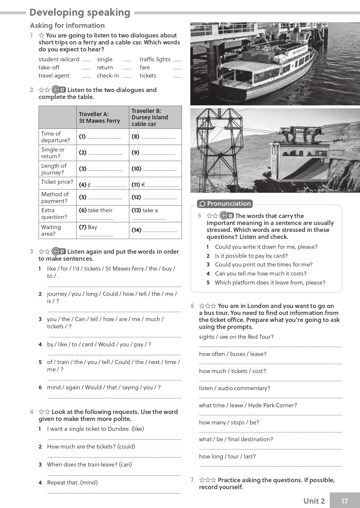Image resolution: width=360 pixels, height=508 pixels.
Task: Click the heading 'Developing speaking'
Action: click(x=80, y=12)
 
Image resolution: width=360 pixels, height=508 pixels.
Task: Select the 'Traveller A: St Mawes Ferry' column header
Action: click(x=99, y=117)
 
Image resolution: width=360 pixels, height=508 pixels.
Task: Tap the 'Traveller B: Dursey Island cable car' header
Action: click(x=150, y=117)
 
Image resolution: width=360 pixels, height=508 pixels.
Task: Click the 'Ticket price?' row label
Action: click(x=57, y=182)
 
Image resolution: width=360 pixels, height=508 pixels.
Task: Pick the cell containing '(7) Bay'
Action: click(x=103, y=230)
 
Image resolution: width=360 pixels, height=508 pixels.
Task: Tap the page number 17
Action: click(x=344, y=501)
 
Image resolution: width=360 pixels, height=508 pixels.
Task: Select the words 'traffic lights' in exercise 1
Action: click(x=155, y=59)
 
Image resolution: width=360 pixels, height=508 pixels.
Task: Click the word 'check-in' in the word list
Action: click(x=108, y=75)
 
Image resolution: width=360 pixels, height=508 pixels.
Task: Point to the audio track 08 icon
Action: click(x=227, y=216)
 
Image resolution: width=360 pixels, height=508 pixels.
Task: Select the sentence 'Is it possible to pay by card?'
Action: click(x=251, y=256)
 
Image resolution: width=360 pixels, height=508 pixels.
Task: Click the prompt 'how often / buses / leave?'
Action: click(x=232, y=354)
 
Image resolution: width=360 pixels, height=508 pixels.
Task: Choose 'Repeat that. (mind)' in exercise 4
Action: click(x=72, y=482)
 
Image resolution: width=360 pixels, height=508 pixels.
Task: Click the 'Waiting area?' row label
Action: click(x=51, y=230)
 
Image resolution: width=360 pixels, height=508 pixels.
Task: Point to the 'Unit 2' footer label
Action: click(x=314, y=501)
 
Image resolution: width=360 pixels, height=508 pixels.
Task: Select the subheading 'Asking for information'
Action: click(x=67, y=26)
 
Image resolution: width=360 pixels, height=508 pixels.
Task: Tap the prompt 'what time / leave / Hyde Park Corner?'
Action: click(x=248, y=405)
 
